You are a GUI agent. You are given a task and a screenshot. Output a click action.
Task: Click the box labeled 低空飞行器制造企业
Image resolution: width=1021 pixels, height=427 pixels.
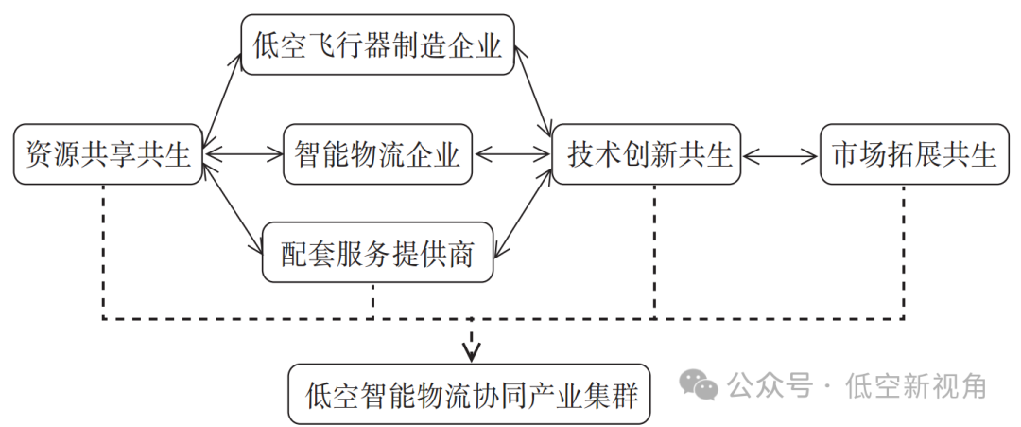377,44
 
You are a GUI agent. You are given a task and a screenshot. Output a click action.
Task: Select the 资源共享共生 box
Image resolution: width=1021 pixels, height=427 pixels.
109,153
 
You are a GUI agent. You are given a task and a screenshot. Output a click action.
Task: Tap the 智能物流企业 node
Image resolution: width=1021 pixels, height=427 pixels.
377,153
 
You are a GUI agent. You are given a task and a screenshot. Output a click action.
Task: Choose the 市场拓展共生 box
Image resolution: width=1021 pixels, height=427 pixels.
913,153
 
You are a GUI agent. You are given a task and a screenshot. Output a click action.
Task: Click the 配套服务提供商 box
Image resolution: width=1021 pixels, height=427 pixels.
377,253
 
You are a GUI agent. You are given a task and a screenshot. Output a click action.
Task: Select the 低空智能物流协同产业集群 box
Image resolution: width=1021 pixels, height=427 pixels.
470,393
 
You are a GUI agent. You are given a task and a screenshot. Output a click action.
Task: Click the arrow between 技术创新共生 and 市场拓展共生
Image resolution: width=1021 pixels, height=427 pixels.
781,153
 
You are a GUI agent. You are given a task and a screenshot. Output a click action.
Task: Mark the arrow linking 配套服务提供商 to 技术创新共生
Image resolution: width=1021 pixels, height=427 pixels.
525,210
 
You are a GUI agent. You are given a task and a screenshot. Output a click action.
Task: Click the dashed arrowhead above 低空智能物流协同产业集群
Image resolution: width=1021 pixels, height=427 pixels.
471,350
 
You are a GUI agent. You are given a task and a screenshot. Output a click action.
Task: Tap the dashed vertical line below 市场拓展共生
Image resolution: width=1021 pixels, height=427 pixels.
904,251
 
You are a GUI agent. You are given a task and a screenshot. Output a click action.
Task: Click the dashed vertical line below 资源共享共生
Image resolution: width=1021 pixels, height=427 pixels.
103,251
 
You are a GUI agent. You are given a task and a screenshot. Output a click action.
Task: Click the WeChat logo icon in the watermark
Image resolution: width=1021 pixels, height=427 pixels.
701,383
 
